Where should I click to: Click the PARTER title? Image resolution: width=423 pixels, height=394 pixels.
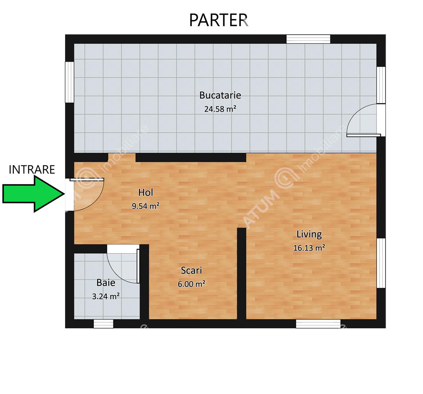click(218, 20)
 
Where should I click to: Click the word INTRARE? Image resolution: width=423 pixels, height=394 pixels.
click(32, 170)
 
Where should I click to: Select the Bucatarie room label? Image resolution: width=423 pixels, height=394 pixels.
click(220, 95)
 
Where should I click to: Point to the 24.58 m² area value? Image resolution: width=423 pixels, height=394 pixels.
click(220, 109)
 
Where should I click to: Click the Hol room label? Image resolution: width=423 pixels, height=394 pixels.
click(146, 192)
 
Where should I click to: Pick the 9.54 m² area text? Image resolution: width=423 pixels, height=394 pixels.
click(145, 206)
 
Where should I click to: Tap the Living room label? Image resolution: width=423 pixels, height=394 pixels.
click(309, 234)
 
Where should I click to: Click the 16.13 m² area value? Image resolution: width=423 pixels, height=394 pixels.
click(309, 247)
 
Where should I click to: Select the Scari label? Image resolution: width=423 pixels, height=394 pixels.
click(191, 270)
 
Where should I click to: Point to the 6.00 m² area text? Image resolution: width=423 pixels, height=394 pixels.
click(191, 284)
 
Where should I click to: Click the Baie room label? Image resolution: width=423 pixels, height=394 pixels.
click(106, 283)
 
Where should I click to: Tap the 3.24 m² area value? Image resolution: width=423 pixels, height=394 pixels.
click(106, 296)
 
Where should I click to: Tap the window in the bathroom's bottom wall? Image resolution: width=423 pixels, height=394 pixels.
click(103, 324)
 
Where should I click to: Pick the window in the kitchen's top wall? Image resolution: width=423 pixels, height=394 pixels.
click(308, 39)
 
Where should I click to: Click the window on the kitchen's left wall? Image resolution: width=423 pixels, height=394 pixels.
click(70, 82)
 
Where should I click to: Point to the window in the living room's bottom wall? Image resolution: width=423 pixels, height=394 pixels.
click(318, 324)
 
